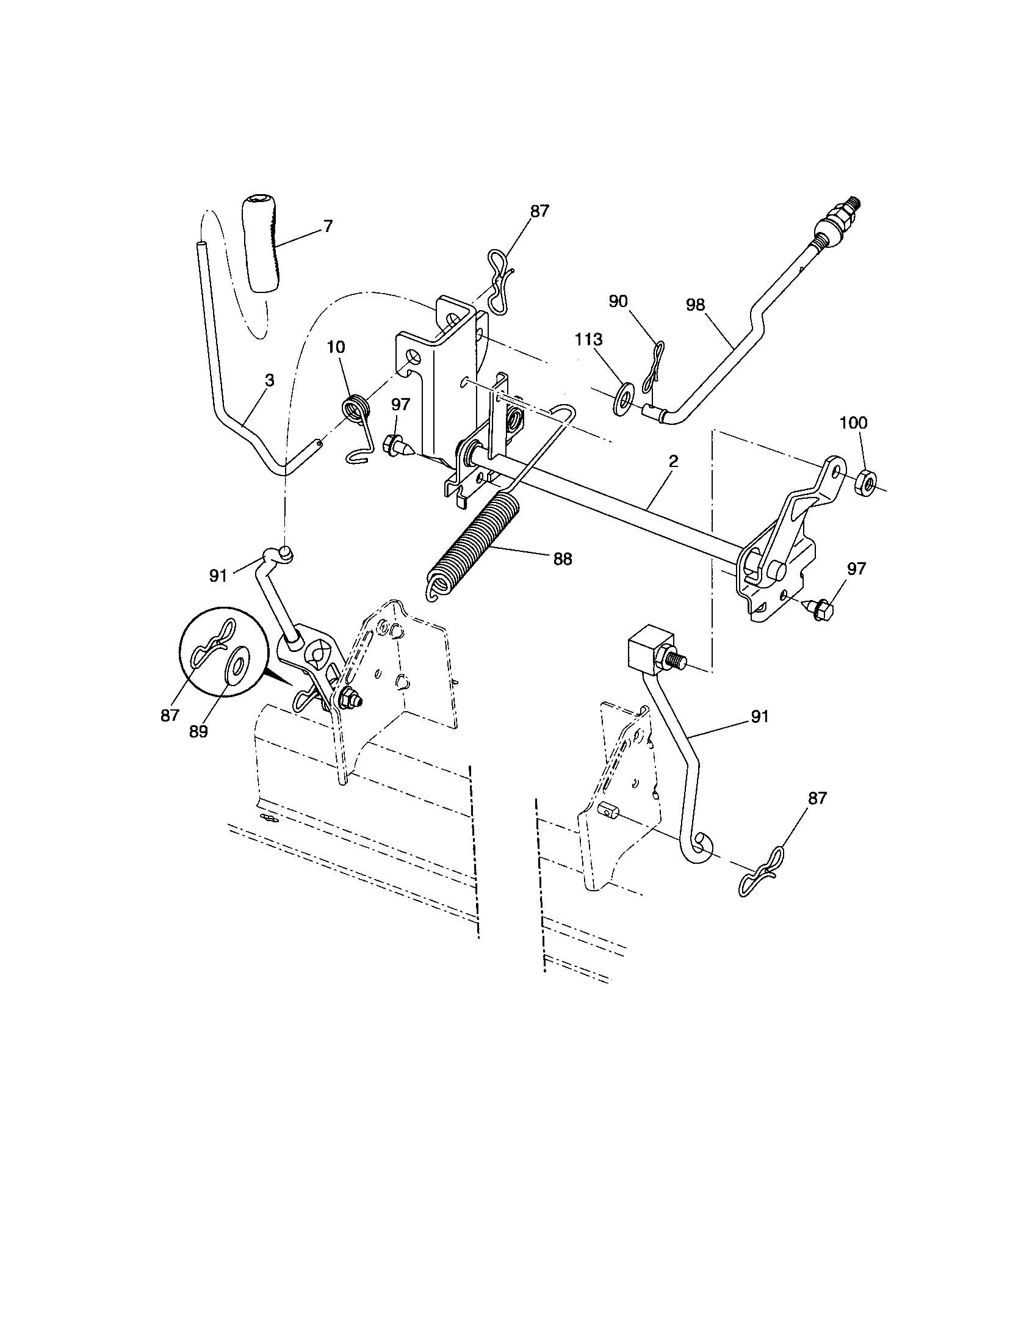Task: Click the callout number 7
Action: click(328, 226)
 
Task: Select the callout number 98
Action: click(695, 306)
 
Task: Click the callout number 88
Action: click(562, 559)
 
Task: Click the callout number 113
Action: click(589, 340)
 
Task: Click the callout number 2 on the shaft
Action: click(673, 461)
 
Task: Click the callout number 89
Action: click(198, 731)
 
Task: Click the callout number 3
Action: click(269, 381)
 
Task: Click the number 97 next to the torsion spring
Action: click(401, 405)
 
